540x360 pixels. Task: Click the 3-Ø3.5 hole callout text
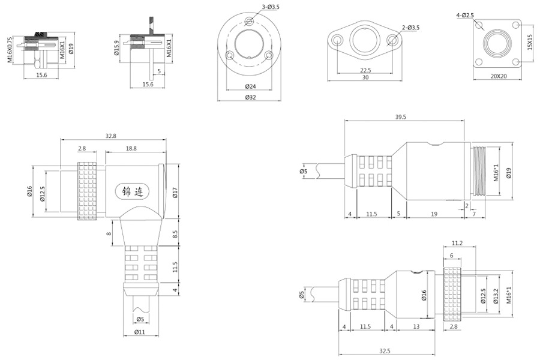tap(272, 6)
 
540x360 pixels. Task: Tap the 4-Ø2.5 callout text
tap(465, 14)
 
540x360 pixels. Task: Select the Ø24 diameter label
tap(251, 86)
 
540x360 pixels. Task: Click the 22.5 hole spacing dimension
tap(364, 70)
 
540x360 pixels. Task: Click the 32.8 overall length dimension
tap(110, 136)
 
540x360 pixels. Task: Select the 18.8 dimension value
tap(130, 148)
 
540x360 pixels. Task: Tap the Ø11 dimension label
tap(140, 332)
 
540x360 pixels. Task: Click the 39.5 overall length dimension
tap(401, 118)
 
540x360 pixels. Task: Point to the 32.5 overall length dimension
tap(385, 350)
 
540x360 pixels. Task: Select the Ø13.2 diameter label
tap(496, 293)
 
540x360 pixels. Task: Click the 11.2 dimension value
tap(457, 243)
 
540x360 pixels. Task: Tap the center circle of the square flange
tap(498, 46)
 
